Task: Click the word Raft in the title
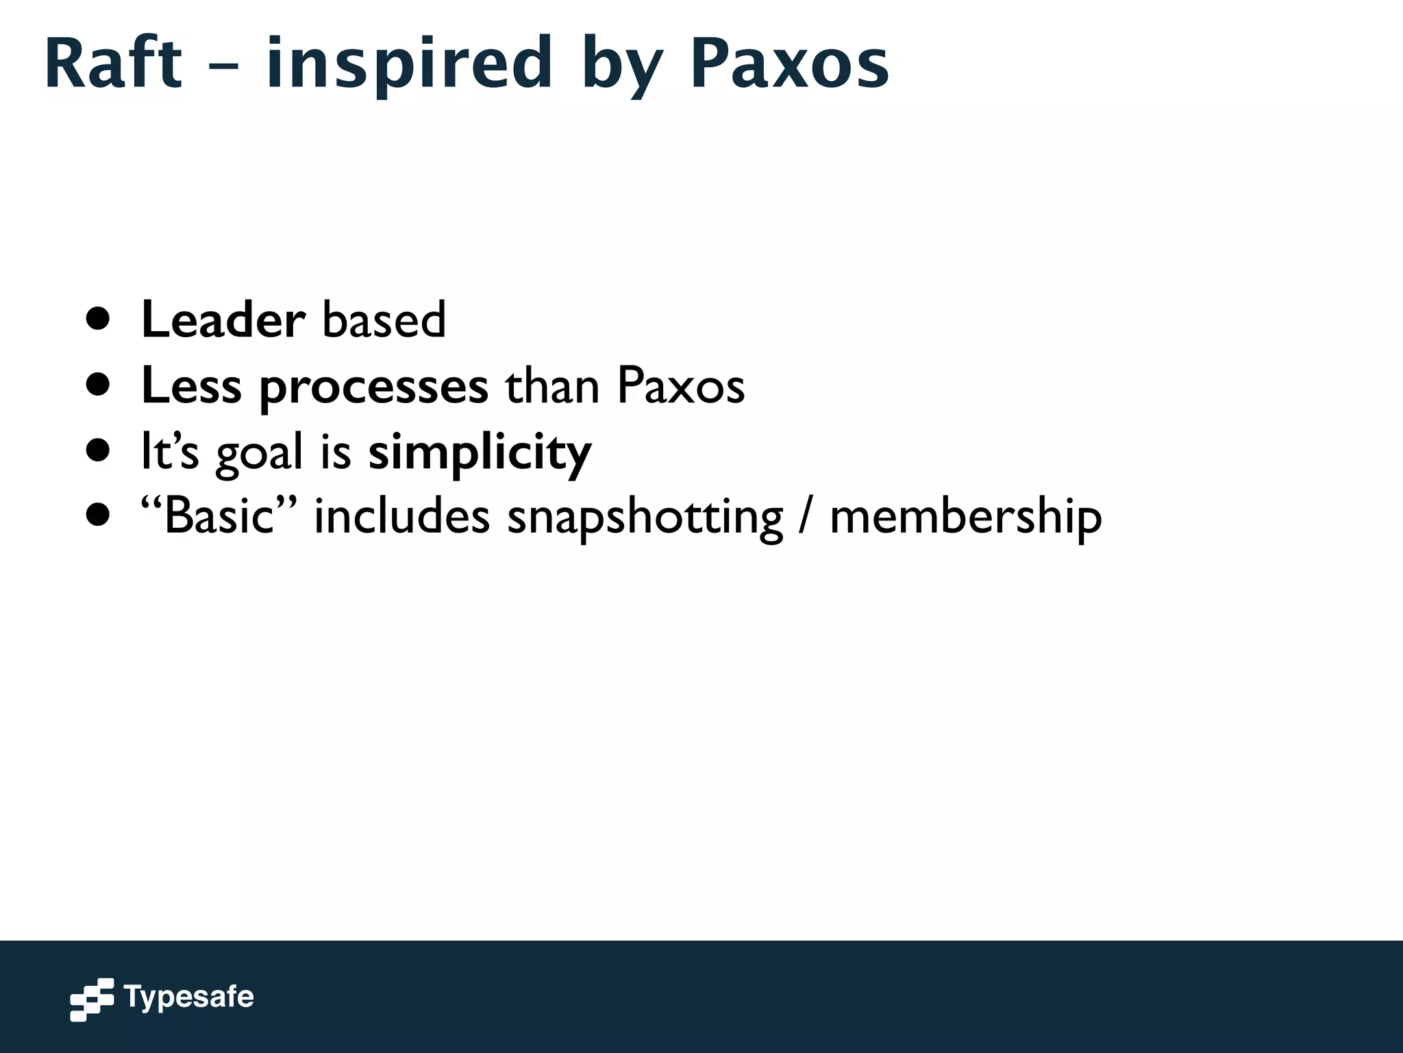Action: [114, 63]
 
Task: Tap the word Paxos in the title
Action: [789, 63]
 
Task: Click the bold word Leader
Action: [223, 320]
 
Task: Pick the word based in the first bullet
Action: [384, 320]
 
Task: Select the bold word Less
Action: [191, 386]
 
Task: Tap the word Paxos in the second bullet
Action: [680, 386]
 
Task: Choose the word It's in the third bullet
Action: [169, 452]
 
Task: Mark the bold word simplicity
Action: [480, 453]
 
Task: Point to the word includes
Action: [402, 516]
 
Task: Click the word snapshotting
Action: [645, 518]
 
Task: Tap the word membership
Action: [966, 518]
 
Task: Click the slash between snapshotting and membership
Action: [806, 518]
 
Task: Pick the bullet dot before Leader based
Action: [99, 319]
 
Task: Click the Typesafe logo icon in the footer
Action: [92, 1000]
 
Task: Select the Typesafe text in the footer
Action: [189, 997]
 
